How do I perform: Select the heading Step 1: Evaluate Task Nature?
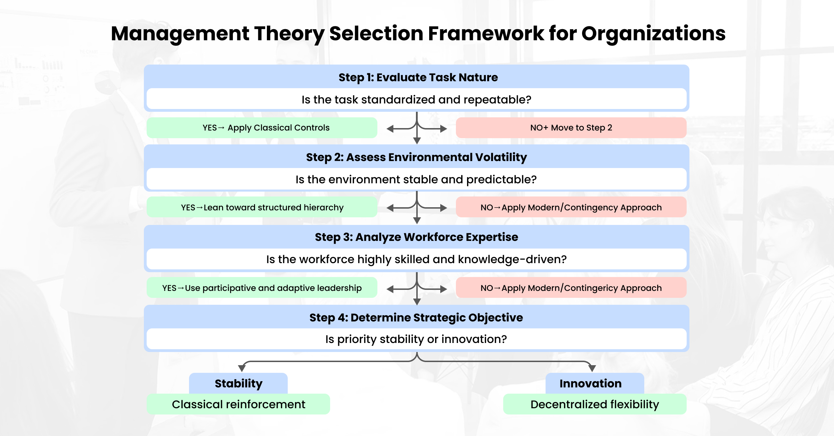[418, 77]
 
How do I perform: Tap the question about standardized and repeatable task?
[416, 100]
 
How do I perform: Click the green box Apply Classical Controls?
[262, 128]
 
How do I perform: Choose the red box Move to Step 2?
[571, 128]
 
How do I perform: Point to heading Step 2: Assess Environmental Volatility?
[416, 157]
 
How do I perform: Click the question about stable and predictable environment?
[416, 179]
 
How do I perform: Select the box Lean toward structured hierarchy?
[262, 207]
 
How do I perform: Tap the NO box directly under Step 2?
[571, 207]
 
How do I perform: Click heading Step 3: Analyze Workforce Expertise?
[416, 237]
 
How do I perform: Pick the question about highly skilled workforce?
[416, 259]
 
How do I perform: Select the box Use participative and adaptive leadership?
[262, 288]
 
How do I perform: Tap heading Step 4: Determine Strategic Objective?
[416, 318]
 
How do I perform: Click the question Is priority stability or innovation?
[416, 339]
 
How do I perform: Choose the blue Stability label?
[238, 383]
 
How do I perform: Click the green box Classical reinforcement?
[238, 404]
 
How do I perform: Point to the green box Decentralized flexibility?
[595, 404]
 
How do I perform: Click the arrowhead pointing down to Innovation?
[592, 368]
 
